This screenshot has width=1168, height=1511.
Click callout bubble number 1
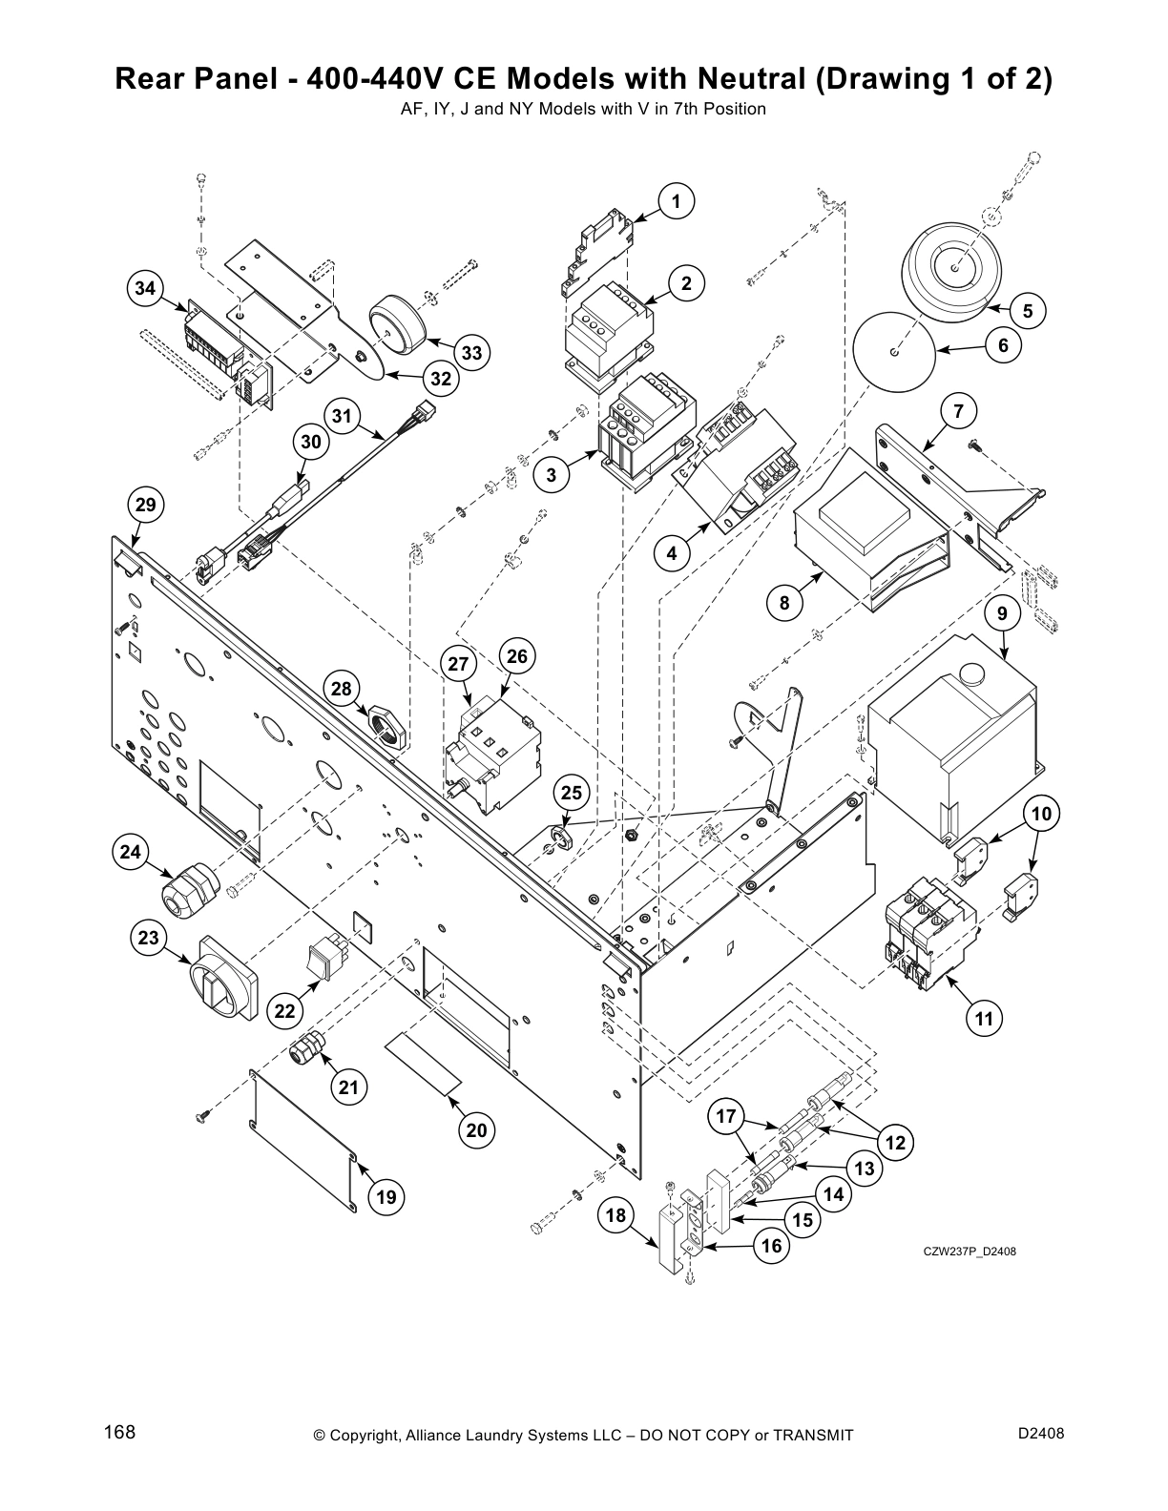(x=676, y=201)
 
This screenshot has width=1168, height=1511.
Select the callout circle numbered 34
(x=145, y=287)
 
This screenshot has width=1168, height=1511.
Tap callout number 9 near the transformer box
(x=1002, y=613)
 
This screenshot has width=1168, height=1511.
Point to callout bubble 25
(x=571, y=793)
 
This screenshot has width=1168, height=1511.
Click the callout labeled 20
(x=476, y=1130)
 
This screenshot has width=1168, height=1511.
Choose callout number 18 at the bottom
(x=616, y=1214)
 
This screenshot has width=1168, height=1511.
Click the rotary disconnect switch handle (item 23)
(x=223, y=978)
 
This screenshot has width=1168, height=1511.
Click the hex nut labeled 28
(x=385, y=725)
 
